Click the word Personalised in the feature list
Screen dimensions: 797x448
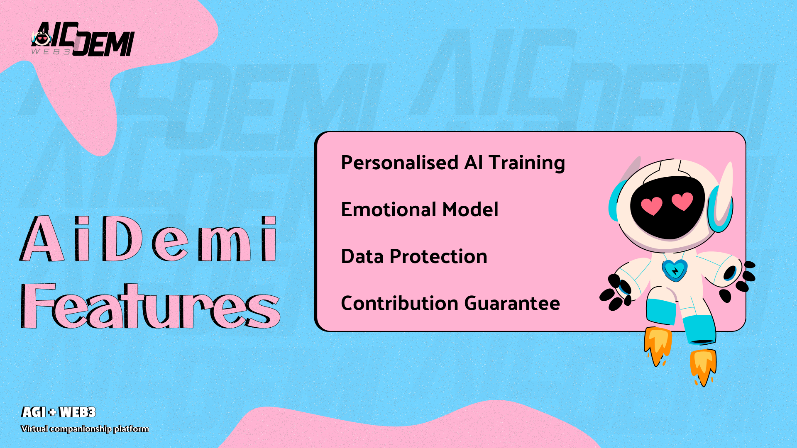400,162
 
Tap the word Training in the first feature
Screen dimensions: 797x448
527,163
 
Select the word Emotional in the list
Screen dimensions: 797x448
388,209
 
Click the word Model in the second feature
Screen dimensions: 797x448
470,209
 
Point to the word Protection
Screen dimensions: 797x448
438,256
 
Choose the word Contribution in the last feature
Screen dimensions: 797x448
399,303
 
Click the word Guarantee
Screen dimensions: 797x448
512,304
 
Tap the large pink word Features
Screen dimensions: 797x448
150,306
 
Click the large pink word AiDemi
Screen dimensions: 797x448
148,239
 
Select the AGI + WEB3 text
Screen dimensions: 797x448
59,412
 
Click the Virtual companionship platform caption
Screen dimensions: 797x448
85,429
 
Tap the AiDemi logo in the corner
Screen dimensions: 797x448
83,39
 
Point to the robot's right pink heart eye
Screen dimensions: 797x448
682,201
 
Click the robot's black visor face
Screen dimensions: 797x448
667,207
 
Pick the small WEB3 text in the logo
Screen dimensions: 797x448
51,52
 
